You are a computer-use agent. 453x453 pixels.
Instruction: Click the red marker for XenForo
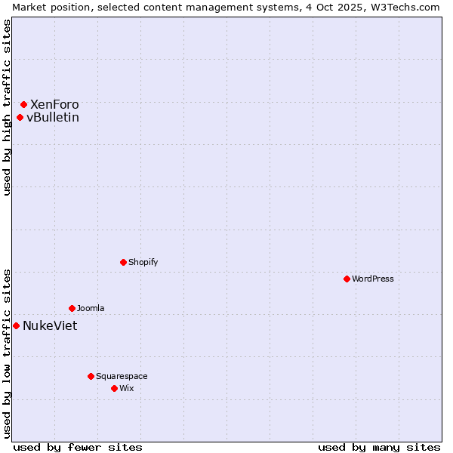24,104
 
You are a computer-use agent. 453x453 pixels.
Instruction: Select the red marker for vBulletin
20,117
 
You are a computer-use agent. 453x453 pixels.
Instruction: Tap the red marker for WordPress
347,279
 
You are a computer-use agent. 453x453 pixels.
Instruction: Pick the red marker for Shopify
123,262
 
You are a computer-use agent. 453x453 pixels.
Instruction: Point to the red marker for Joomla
72,308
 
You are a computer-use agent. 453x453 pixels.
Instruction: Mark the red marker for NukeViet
16,325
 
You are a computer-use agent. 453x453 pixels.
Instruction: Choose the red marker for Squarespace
91,376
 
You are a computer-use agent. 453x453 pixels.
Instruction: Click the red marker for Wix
114,388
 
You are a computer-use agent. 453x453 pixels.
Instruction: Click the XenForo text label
54,104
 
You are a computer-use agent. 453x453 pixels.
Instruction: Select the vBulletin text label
53,117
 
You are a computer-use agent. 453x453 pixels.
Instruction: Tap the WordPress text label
373,279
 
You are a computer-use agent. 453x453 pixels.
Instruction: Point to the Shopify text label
143,262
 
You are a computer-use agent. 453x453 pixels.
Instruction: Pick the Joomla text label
91,308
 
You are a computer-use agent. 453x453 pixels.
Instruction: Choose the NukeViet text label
50,326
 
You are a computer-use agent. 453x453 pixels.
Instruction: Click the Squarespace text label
122,376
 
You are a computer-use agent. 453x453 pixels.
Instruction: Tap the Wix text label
126,388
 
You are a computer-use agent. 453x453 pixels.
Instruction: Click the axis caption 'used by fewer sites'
78,447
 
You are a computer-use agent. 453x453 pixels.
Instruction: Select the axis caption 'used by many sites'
379,447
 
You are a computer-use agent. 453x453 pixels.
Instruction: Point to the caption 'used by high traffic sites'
7,107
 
